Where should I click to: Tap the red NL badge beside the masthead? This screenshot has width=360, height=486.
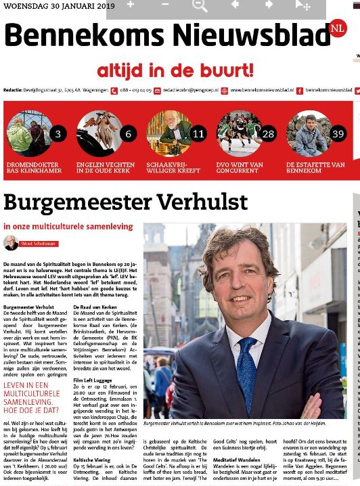[337, 28]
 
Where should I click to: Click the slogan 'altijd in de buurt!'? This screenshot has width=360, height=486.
[175, 70]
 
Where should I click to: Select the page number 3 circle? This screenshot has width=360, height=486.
[58, 133]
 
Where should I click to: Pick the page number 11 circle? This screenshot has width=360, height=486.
[198, 133]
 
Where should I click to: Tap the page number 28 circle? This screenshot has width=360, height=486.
[268, 133]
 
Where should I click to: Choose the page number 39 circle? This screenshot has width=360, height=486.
[338, 133]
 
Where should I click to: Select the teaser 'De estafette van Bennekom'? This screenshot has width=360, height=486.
[315, 167]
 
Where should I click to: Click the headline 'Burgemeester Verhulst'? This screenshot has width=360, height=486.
[125, 202]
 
